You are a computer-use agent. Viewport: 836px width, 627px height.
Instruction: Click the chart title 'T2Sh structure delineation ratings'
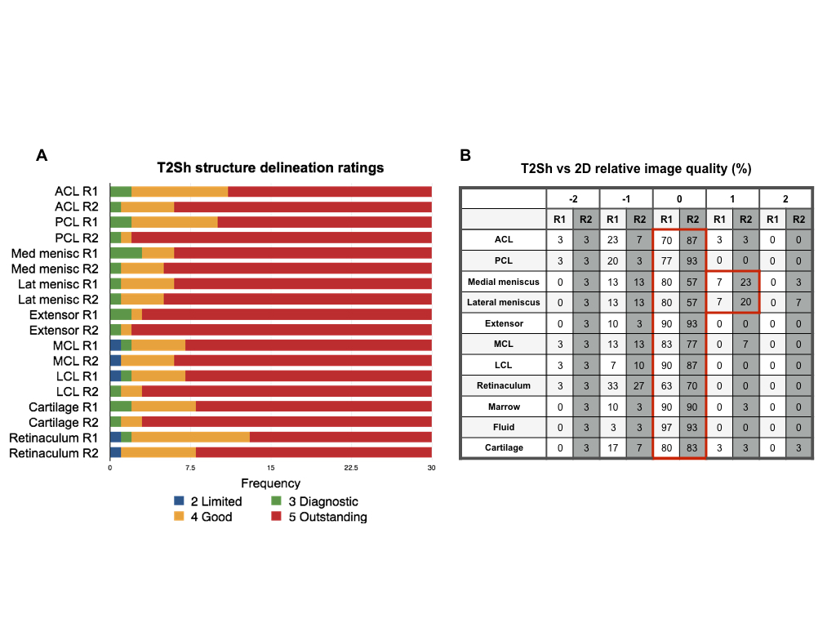270,168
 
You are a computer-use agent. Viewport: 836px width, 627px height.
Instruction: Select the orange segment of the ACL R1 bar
180,191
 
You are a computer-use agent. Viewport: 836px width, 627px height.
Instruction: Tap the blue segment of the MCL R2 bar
115,360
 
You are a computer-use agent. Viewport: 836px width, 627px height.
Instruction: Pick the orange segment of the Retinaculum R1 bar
190,437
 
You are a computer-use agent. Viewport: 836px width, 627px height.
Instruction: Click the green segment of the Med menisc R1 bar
126,253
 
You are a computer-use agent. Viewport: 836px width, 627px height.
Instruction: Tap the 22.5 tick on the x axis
351,468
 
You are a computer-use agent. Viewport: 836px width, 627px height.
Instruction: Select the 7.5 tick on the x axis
190,468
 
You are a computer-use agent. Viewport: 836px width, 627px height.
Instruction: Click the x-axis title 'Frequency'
270,483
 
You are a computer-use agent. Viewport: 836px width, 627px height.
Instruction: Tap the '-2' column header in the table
572,198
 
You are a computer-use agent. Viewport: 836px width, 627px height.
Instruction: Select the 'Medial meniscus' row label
504,282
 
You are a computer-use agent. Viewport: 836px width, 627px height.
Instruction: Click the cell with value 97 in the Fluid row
666,427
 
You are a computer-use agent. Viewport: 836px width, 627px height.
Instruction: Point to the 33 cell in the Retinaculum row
612,385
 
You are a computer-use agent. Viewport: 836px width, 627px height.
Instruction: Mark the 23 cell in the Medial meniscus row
745,282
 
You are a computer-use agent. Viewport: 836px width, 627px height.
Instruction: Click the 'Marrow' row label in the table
504,407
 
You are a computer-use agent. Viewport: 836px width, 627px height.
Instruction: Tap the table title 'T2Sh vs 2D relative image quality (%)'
636,169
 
